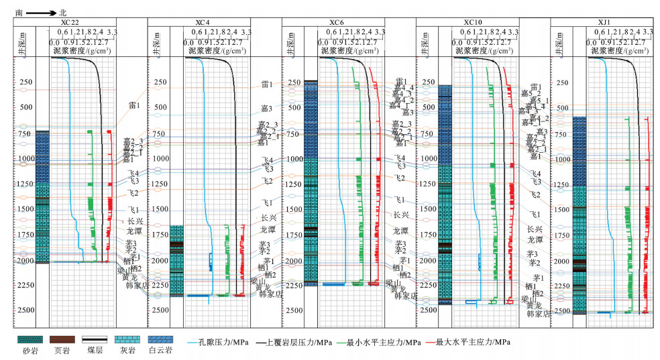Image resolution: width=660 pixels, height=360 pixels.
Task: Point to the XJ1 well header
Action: click(604, 23)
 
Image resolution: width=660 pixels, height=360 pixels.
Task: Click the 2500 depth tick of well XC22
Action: click(26, 310)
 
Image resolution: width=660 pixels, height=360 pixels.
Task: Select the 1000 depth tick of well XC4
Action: click(160, 159)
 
